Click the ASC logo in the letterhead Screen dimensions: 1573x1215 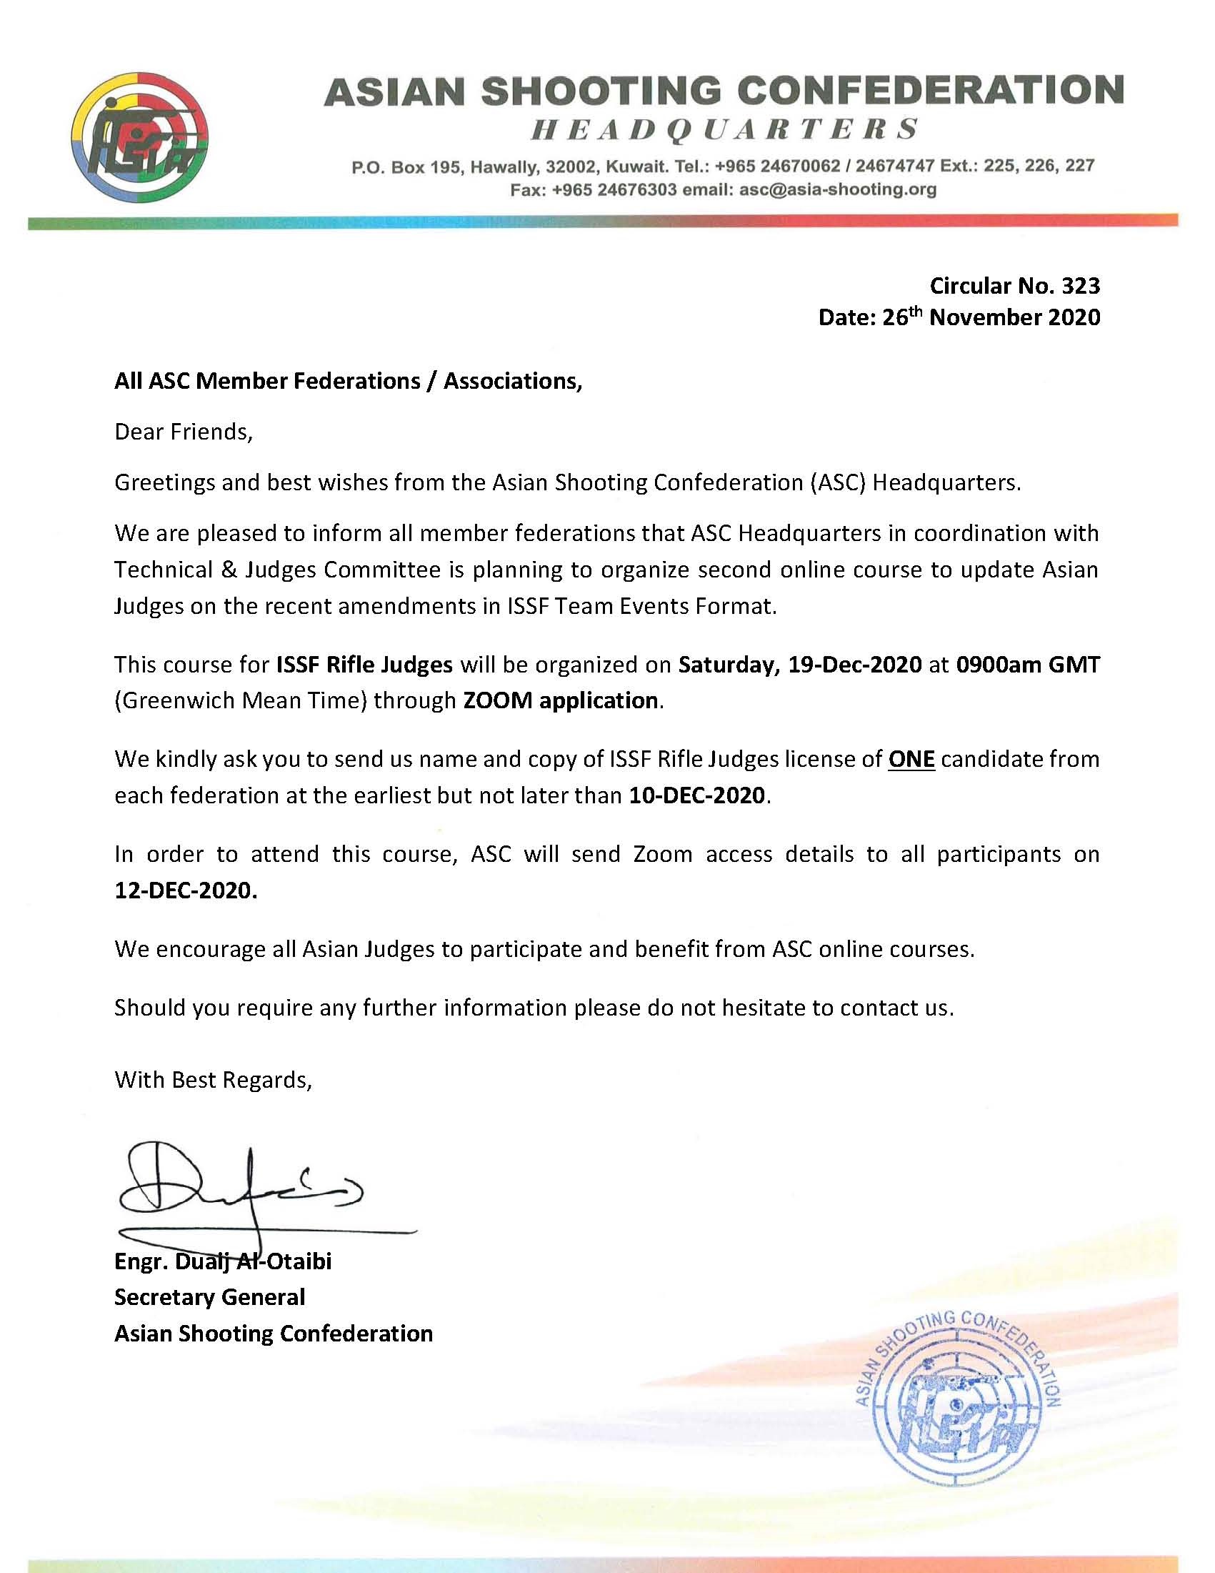pos(141,137)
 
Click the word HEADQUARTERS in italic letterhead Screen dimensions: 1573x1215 pos(724,129)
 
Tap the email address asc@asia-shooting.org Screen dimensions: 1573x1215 pos(838,190)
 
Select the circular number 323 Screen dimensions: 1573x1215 pos(1081,286)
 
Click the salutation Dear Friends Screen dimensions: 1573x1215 pos(184,432)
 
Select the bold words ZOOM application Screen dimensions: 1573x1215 pos(560,700)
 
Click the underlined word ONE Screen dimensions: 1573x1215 pos(911,759)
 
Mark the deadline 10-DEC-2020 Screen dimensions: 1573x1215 pos(696,795)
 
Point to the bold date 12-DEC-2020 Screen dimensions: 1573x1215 pos(185,890)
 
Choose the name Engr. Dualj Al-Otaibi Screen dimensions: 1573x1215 pos(222,1261)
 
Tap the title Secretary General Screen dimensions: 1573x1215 pos(209,1297)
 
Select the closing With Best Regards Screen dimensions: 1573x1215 pos(213,1080)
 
